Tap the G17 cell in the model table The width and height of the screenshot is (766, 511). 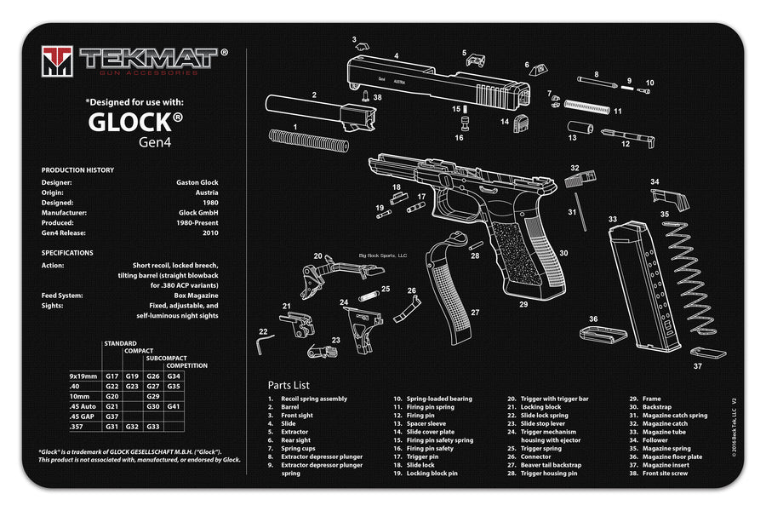point(111,376)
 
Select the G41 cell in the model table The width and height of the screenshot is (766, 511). point(174,407)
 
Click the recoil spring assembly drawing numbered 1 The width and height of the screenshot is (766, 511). point(307,140)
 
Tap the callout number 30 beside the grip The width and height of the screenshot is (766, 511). point(563,253)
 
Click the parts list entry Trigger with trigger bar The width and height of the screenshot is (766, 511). point(554,399)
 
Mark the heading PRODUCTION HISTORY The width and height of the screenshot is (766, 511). point(77,169)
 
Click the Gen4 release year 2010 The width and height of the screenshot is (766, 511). point(210,233)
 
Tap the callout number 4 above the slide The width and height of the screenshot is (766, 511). point(396,56)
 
